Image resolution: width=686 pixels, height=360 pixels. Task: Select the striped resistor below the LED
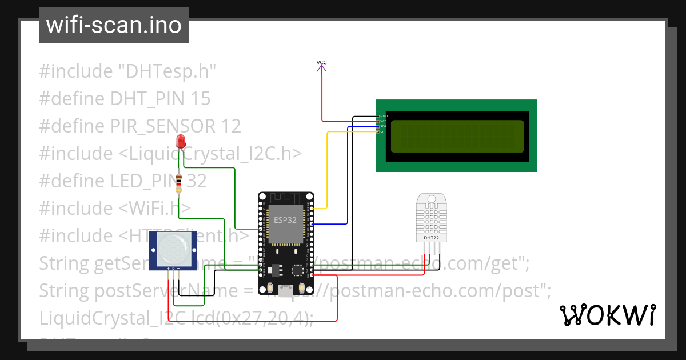click(x=180, y=183)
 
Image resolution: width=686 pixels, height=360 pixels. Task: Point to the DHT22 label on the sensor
click(x=431, y=237)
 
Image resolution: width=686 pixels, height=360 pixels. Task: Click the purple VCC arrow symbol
click(x=322, y=69)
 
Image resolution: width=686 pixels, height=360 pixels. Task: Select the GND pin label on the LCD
click(x=384, y=116)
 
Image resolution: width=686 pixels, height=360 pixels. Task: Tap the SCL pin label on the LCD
click(x=383, y=132)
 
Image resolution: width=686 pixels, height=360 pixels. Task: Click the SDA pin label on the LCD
click(x=383, y=126)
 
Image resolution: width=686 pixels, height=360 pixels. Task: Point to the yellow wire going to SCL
click(x=327, y=171)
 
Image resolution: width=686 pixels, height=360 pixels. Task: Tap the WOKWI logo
click(x=607, y=315)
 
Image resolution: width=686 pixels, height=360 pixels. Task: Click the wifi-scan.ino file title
click(x=114, y=25)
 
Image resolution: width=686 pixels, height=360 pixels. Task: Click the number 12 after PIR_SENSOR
click(x=230, y=126)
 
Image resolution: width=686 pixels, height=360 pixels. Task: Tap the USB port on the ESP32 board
click(x=284, y=287)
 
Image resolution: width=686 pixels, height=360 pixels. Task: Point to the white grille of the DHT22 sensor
click(x=431, y=218)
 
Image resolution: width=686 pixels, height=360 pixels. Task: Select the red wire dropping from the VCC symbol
click(x=322, y=97)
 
